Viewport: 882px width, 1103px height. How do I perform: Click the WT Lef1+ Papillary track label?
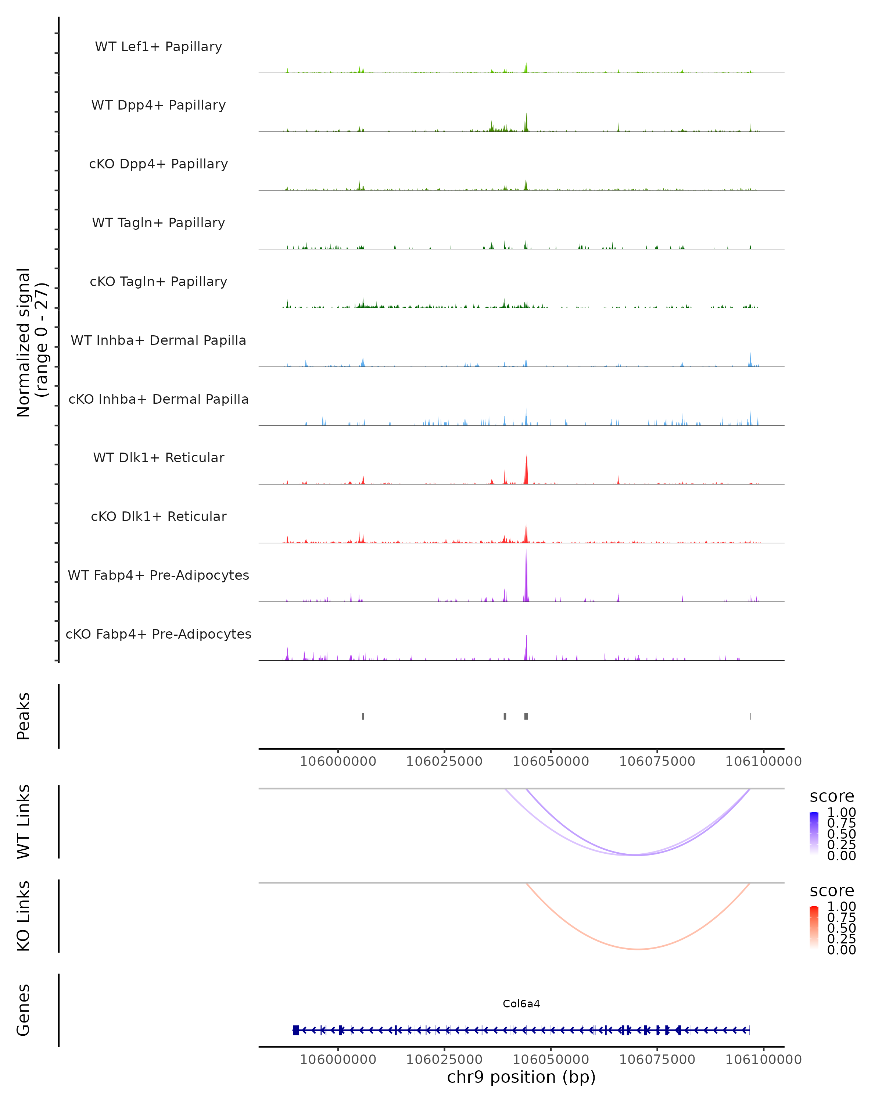(x=158, y=47)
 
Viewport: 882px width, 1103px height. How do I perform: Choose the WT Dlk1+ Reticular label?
(x=158, y=457)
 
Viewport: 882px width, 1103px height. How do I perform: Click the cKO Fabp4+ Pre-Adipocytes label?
(x=158, y=634)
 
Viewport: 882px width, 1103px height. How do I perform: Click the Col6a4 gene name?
(x=521, y=1004)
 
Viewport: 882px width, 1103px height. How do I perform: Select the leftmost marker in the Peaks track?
(x=363, y=716)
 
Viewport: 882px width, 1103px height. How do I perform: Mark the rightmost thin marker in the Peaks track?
(x=750, y=716)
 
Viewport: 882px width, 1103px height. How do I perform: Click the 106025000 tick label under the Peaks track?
(x=444, y=761)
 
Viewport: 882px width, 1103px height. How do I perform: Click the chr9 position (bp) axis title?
(x=521, y=1077)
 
